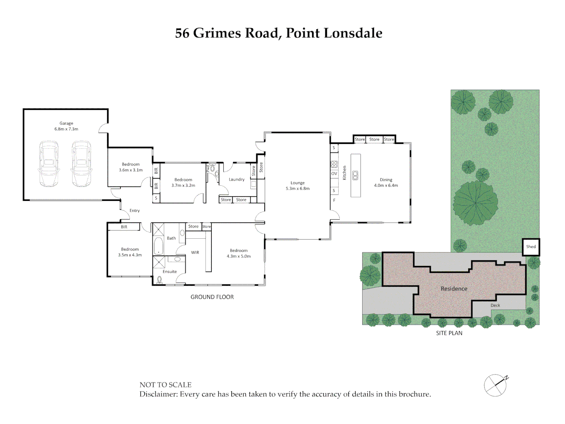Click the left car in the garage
(x=49, y=163)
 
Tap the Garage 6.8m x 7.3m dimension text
(x=66, y=129)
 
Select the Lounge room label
(x=297, y=183)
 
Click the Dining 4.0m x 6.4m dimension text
(x=386, y=185)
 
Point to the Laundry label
(x=237, y=179)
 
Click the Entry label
(x=135, y=211)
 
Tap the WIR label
(x=195, y=252)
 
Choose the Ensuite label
(x=169, y=272)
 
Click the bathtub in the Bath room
(x=159, y=246)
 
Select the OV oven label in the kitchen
(x=334, y=174)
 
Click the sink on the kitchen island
(x=355, y=175)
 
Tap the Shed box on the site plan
(x=531, y=247)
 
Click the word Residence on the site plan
(x=454, y=289)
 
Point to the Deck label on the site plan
(x=495, y=305)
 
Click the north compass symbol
(x=496, y=385)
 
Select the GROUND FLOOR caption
(x=212, y=297)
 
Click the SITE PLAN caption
(x=449, y=333)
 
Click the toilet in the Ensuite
(x=159, y=280)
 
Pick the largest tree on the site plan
(x=475, y=200)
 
